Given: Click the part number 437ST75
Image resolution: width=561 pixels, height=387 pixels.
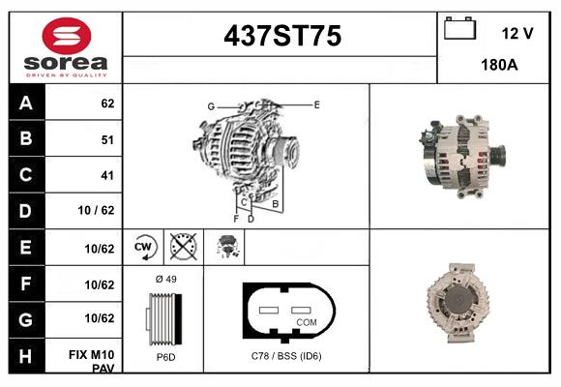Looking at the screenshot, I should point(282,36).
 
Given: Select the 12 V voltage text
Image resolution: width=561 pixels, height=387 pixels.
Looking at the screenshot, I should point(517,33).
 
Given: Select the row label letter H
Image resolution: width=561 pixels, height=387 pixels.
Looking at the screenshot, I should point(26,355).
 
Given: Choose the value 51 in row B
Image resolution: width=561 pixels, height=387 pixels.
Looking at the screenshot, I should point(106,140).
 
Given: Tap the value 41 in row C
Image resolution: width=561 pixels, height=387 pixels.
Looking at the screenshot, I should point(106,176).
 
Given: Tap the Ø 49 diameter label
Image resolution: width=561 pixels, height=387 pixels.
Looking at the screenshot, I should point(165,279).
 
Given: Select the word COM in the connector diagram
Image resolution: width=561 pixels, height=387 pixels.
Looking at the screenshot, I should point(306,321).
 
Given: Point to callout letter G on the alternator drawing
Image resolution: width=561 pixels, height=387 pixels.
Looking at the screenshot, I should point(210,105).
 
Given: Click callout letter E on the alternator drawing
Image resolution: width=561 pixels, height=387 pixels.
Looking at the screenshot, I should point(316,103).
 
